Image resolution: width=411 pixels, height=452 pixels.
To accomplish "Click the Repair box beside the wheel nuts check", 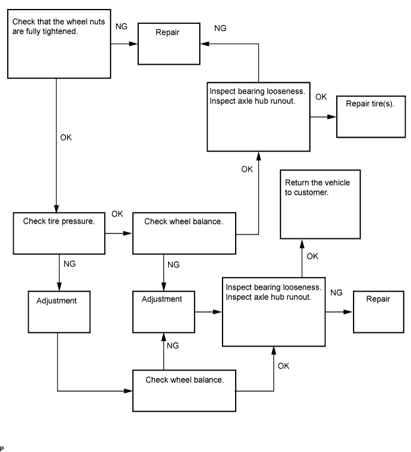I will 170,44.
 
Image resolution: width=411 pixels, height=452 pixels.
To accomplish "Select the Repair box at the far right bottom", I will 378,311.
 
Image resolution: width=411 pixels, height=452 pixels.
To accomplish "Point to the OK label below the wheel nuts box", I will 66,138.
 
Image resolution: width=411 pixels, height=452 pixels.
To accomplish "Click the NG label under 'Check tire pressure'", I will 69,263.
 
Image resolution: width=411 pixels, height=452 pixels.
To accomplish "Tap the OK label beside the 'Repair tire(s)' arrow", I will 321,97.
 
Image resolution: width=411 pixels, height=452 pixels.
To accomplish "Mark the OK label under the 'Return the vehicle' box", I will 312,256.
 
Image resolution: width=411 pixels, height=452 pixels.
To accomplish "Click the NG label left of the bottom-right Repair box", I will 336,293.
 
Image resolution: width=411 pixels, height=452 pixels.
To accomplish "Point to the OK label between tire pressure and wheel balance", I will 117,214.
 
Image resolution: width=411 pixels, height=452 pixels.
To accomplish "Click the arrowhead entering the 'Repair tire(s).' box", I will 332,117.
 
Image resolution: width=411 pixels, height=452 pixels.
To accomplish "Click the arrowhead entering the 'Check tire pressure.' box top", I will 57,207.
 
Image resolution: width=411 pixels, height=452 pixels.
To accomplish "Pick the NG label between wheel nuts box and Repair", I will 120,28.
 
